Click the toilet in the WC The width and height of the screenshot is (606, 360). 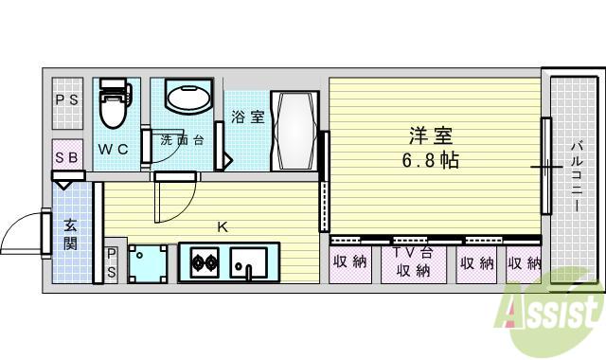click(114, 102)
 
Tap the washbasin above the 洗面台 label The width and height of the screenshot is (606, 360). click(189, 96)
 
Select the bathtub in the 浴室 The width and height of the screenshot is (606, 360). click(294, 131)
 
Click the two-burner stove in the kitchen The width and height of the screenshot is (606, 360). click(205, 262)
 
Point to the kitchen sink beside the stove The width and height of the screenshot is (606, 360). click(248, 262)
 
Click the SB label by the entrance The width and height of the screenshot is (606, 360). click(67, 157)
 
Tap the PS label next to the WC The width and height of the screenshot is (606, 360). click(67, 99)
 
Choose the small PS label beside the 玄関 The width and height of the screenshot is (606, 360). click(112, 263)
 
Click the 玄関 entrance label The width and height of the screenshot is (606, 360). click(70, 234)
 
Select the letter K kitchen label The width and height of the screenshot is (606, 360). click(223, 227)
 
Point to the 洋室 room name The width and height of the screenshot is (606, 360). click(431, 135)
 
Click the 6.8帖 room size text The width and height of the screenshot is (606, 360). click(431, 160)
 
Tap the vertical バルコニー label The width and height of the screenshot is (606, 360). click(577, 177)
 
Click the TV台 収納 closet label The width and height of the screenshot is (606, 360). click(413, 261)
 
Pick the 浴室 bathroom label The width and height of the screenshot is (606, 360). click(248, 117)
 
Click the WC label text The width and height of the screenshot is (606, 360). click(113, 150)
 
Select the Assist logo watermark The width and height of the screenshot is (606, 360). click(549, 311)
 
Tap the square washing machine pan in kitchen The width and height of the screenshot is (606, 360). click(148, 263)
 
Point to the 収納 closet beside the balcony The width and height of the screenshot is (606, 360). click(525, 263)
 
